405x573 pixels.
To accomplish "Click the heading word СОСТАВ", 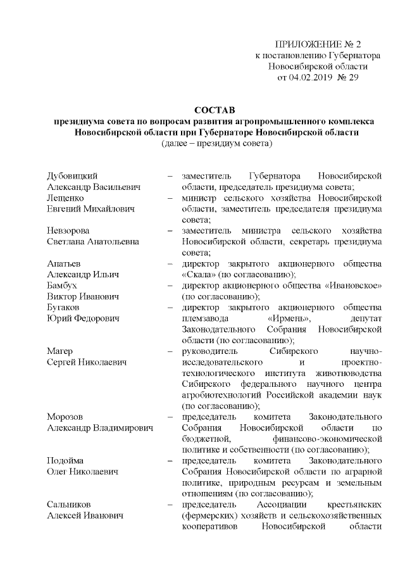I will (215, 110).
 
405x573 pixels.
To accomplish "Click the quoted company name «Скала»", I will (197, 275).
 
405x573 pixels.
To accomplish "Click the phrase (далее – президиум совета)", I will (216, 143).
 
